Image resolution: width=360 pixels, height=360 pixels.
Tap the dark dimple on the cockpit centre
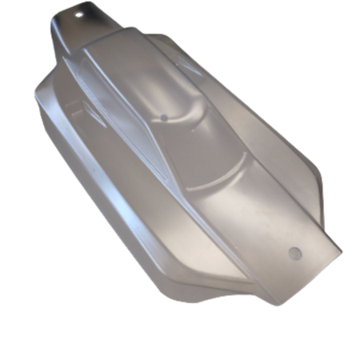(x=163, y=117)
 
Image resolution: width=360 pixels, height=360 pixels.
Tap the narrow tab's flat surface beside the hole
(x=92, y=20)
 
